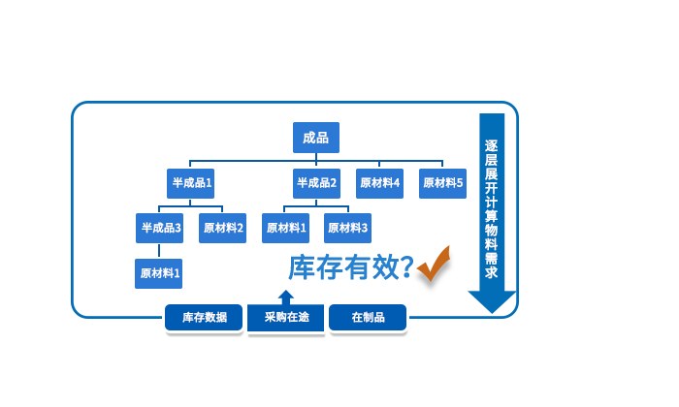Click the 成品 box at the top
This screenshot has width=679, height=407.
pos(316,138)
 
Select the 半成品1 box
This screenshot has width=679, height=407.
pos(191,182)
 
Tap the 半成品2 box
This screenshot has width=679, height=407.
pos(316,182)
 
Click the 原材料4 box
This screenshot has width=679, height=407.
pos(379,182)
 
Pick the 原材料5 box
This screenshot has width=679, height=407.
pos(442,182)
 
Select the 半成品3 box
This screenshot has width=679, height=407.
pos(160,228)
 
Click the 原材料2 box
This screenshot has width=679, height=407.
pos(222,228)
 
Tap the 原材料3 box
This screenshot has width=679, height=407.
pos(347,228)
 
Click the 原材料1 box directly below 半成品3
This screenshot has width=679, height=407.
pos(159,273)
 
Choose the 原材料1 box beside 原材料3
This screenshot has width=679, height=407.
pos(285,228)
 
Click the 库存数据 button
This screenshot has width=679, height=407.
pos(204,317)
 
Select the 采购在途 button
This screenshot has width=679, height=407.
pos(286,317)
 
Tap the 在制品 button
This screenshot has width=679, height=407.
pos(368,317)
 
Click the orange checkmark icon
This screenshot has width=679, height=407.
pos(433,262)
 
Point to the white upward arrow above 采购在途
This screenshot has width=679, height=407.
pos(285,293)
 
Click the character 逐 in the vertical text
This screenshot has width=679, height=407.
pos(491,145)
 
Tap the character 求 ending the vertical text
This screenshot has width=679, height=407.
pos(491,272)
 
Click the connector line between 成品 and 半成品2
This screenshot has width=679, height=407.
pos(316,161)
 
